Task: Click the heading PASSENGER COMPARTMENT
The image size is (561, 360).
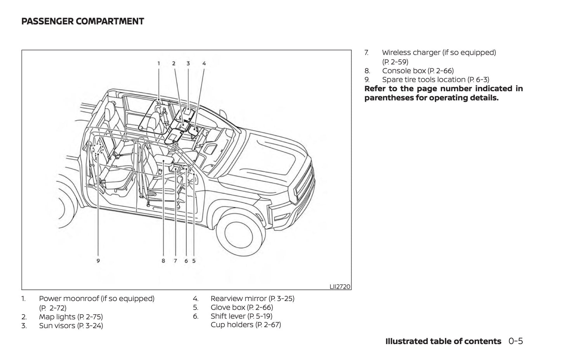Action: tap(83, 21)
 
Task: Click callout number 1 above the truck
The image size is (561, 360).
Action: tap(159, 63)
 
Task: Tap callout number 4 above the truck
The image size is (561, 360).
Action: tap(204, 63)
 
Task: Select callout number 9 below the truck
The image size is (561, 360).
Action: tap(98, 261)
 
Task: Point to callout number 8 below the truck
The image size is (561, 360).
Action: tap(163, 261)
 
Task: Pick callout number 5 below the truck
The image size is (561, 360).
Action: tap(194, 261)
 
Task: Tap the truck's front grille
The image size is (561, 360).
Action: tap(303, 186)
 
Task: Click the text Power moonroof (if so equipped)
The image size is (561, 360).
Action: tap(97, 299)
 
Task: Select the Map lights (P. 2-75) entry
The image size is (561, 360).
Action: tap(71, 317)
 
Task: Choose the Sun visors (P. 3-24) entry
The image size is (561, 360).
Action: tap(71, 326)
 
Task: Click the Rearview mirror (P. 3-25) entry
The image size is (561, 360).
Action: tap(252, 299)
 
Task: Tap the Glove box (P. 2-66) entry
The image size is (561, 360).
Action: tap(241, 308)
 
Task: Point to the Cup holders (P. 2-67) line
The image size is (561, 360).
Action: tap(246, 325)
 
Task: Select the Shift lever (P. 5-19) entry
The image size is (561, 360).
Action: tap(241, 316)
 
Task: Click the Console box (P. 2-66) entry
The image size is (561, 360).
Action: tap(418, 71)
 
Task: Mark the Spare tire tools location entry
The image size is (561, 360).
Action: tap(436, 80)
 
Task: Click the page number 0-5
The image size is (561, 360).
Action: tap(516, 341)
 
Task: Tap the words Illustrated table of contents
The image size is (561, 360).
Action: tap(443, 341)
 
